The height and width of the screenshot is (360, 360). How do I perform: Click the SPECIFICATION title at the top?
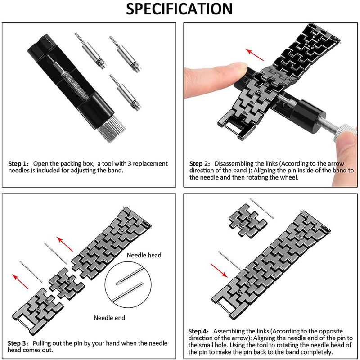[x=180, y=9]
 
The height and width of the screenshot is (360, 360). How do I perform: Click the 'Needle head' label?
[x=144, y=255]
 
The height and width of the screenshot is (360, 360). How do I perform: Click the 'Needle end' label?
[x=109, y=318]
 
